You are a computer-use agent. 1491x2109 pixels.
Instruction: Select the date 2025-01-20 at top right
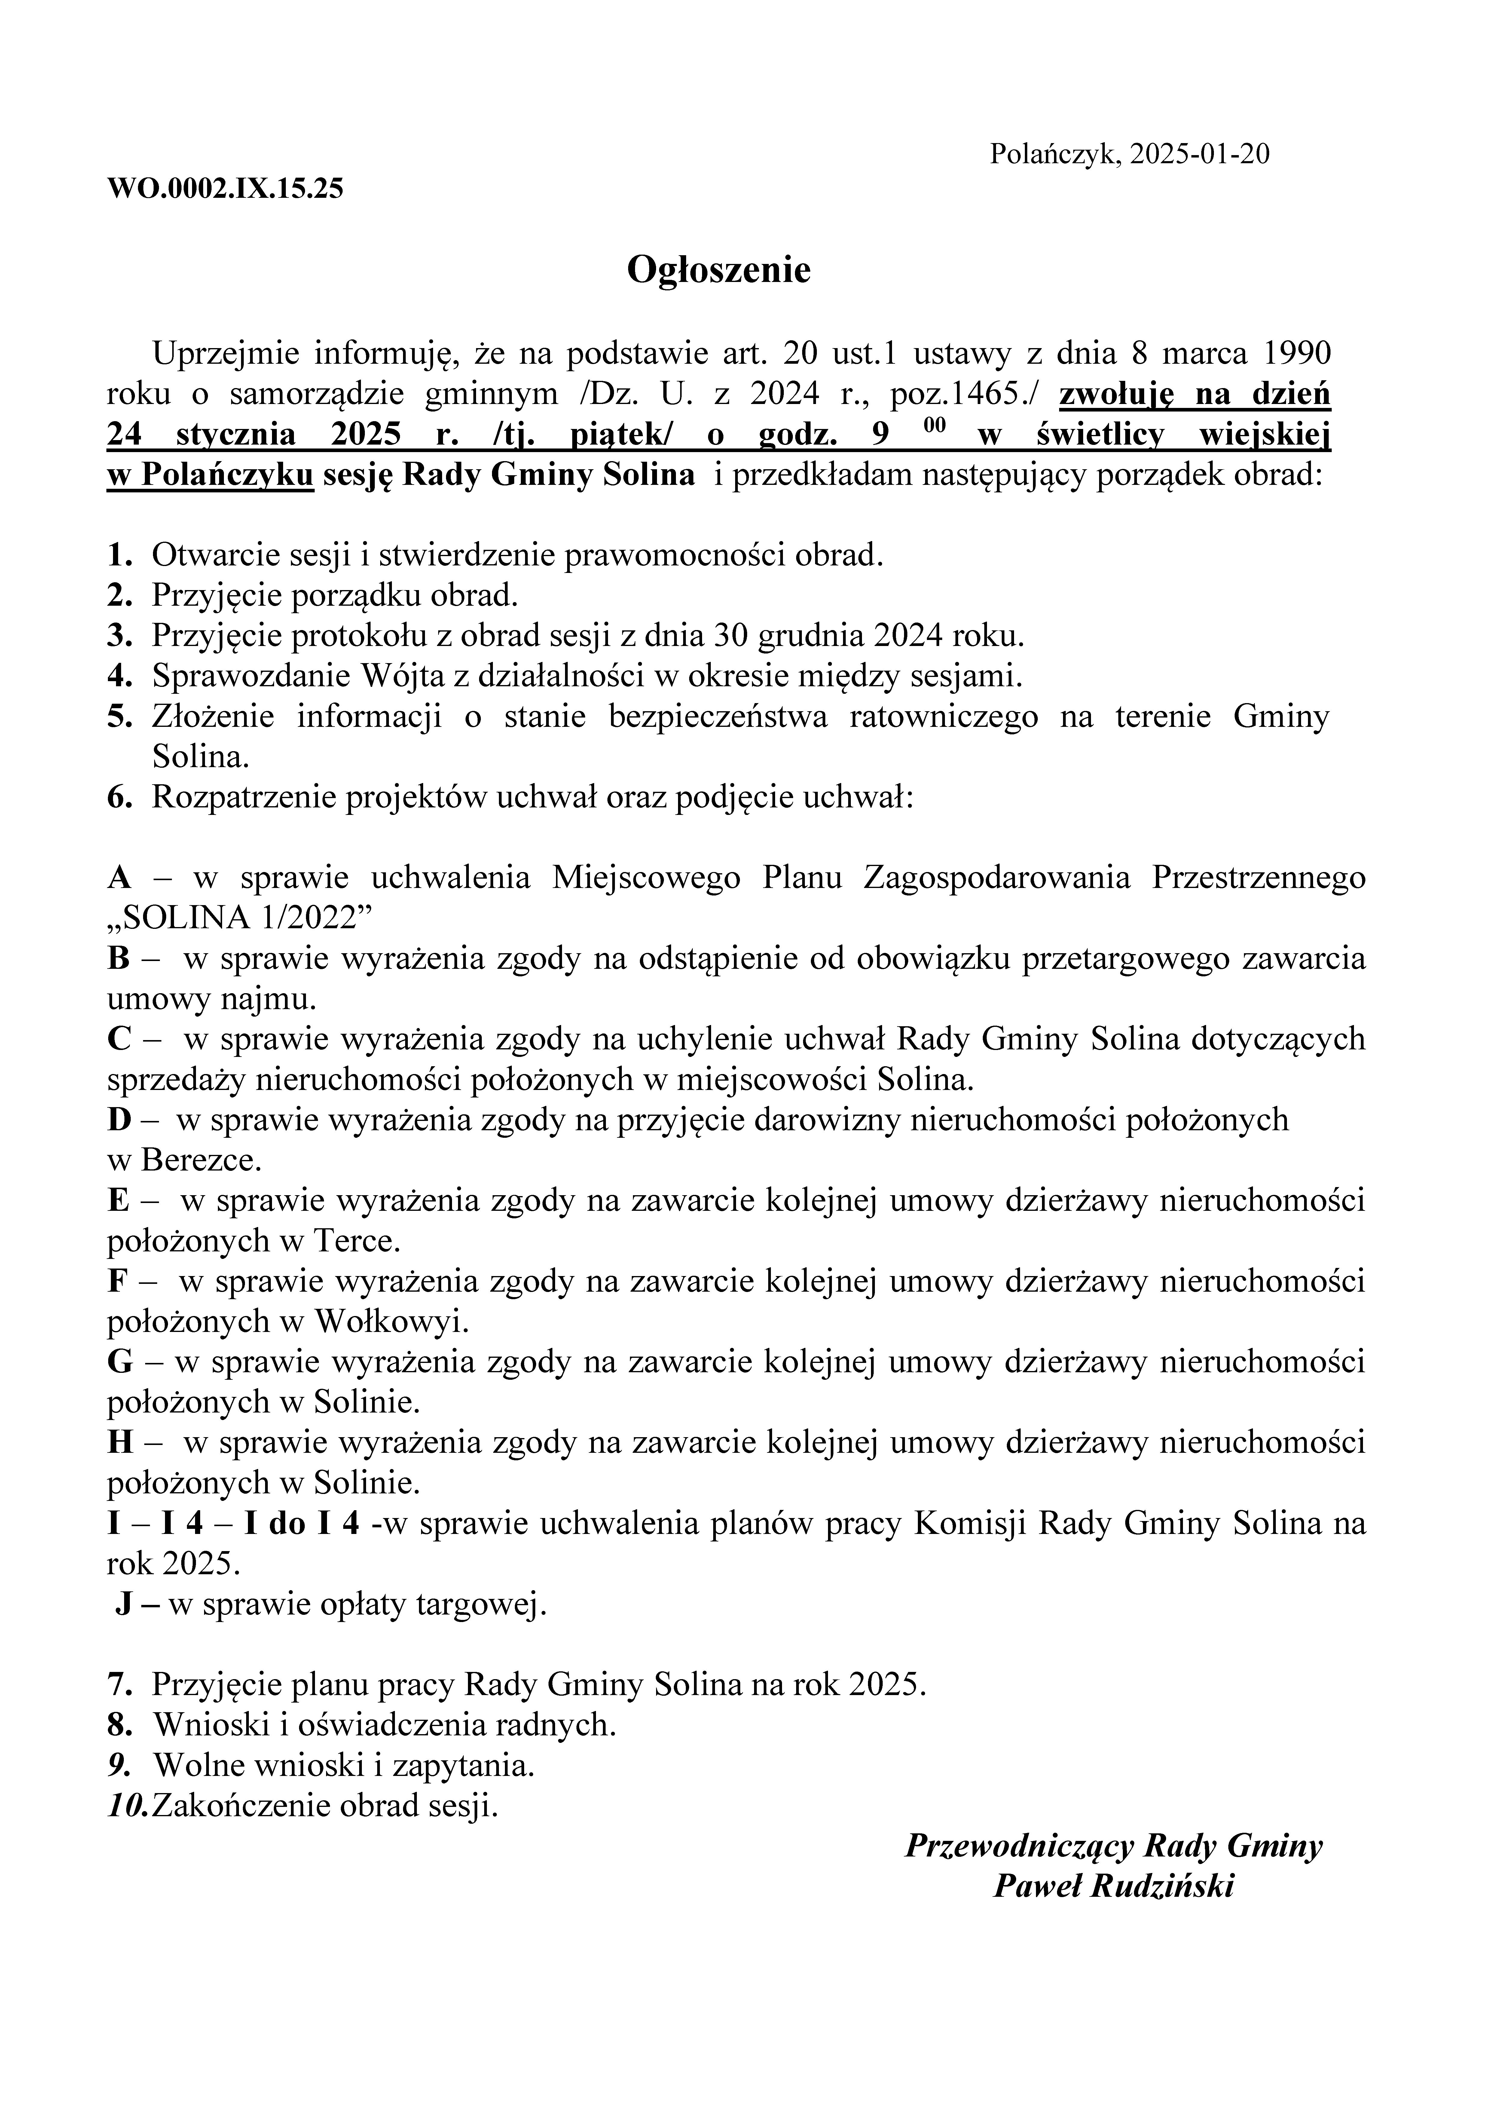pyautogui.click(x=1200, y=153)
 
